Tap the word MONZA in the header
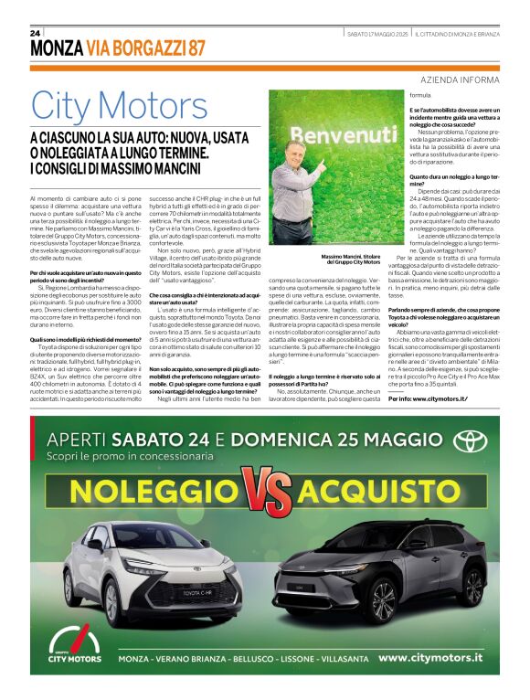57,49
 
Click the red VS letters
265,491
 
